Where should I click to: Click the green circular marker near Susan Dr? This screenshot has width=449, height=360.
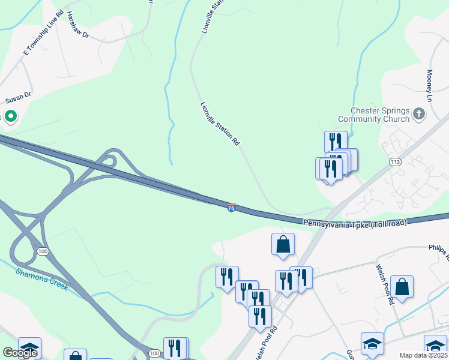(10, 116)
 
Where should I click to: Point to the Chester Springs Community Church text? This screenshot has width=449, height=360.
(379, 115)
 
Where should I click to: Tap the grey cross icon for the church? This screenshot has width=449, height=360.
(419, 113)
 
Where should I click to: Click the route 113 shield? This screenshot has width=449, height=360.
(395, 162)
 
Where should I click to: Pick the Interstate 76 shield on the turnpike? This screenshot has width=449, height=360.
(232, 208)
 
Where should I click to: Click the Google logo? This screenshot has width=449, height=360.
(20, 352)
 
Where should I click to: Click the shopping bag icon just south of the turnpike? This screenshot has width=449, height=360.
(283, 244)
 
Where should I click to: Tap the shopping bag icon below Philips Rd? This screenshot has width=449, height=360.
(402, 287)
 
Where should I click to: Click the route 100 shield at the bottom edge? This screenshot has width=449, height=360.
(154, 354)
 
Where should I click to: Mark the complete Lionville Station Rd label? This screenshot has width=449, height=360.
(220, 124)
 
